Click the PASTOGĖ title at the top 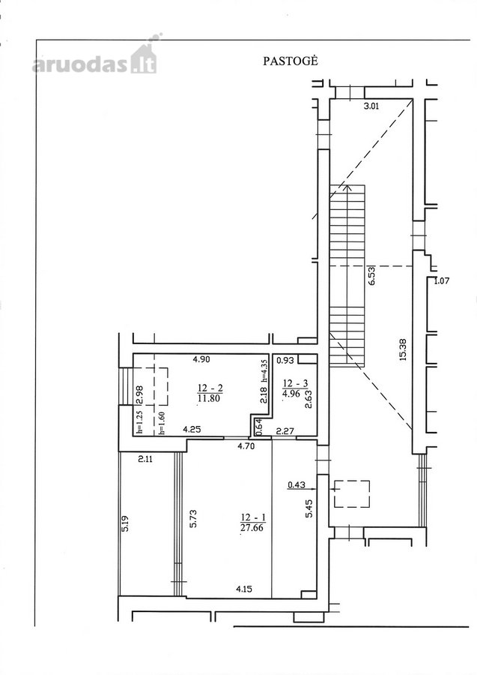tap(291, 61)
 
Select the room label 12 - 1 tap(252, 517)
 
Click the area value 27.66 tap(252, 527)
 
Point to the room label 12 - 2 tap(210, 388)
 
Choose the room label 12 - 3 tap(295, 382)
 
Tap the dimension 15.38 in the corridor tap(403, 351)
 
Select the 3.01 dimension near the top tap(371, 106)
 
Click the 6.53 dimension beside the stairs tap(372, 275)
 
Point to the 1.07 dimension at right tap(441, 281)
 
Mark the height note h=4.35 tap(265, 370)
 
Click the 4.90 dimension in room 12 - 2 tap(201, 360)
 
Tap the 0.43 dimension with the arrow tap(296, 484)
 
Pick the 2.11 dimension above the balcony tap(145, 459)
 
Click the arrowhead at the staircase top tap(347, 187)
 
